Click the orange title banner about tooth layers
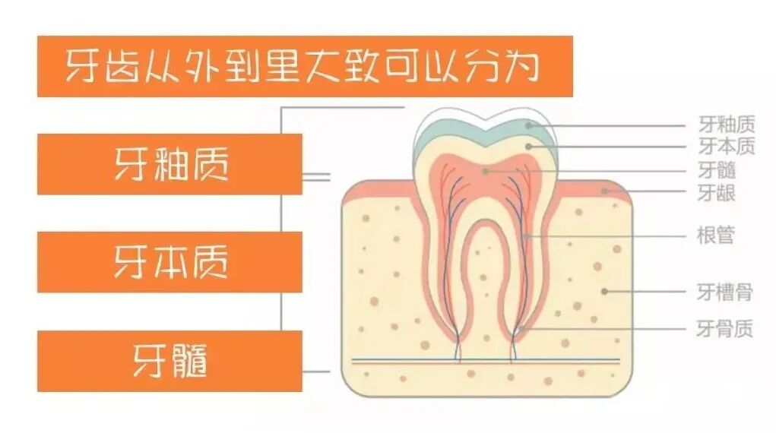[304, 66]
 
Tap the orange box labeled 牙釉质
[170, 164]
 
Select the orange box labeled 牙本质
[170, 262]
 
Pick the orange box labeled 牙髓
[170, 361]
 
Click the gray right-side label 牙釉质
[726, 124]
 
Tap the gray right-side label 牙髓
[716, 170]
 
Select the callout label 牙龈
[716, 193]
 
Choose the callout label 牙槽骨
[725, 291]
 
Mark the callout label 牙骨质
[725, 328]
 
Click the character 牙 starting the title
[80, 66]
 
